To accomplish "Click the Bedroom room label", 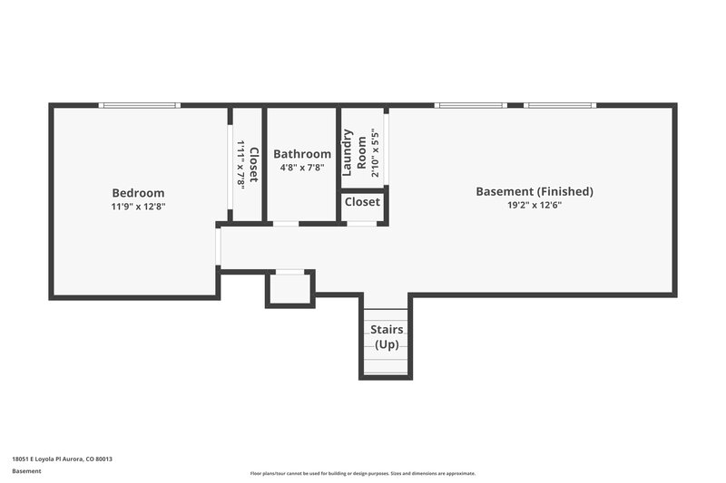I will pyautogui.click(x=138, y=192).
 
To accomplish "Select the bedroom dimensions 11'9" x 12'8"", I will pyautogui.click(x=138, y=207).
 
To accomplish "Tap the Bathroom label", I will pyautogui.click(x=302, y=154).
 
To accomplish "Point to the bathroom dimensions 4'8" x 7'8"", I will pyautogui.click(x=302, y=168).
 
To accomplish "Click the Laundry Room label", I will pyautogui.click(x=354, y=152).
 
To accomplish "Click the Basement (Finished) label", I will pyautogui.click(x=535, y=191).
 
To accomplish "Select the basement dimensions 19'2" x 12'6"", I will pyautogui.click(x=535, y=206).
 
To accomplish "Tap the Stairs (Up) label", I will pyautogui.click(x=387, y=337).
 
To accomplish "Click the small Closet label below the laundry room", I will pyautogui.click(x=362, y=202).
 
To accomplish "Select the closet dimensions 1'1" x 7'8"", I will pyautogui.click(x=241, y=164).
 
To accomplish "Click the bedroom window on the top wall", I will pyautogui.click(x=140, y=106).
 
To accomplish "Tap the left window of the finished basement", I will pyautogui.click(x=470, y=106).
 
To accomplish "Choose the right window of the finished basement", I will pyautogui.click(x=560, y=106).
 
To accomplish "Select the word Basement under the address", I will pyautogui.click(x=26, y=471).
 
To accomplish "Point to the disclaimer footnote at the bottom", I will pyautogui.click(x=362, y=473).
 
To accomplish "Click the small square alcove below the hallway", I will pyautogui.click(x=289, y=289).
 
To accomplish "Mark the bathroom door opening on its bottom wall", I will pyautogui.click(x=285, y=223).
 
